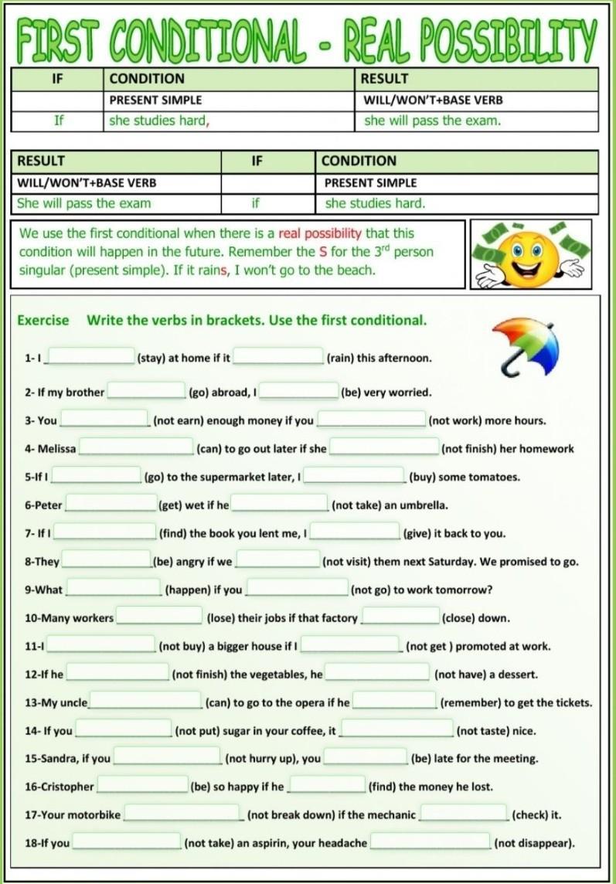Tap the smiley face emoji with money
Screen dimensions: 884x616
tap(530, 254)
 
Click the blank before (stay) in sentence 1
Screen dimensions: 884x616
tap(92, 356)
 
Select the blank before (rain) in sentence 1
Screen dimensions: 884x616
tap(278, 356)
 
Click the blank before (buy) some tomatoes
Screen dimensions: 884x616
tap(355, 475)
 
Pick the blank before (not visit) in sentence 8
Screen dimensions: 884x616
tap(277, 560)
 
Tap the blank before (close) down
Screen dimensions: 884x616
tap(400, 617)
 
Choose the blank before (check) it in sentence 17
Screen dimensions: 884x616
tap(464, 814)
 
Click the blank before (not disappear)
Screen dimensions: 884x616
tap(430, 841)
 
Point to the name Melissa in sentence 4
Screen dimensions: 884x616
tap(56, 448)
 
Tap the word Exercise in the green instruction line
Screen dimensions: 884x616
tap(43, 320)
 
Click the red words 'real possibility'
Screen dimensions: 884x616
tap(320, 233)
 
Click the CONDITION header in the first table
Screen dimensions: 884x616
tap(147, 79)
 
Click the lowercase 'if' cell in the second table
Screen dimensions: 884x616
tap(255, 203)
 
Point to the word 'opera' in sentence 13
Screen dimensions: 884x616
tap(296, 702)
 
